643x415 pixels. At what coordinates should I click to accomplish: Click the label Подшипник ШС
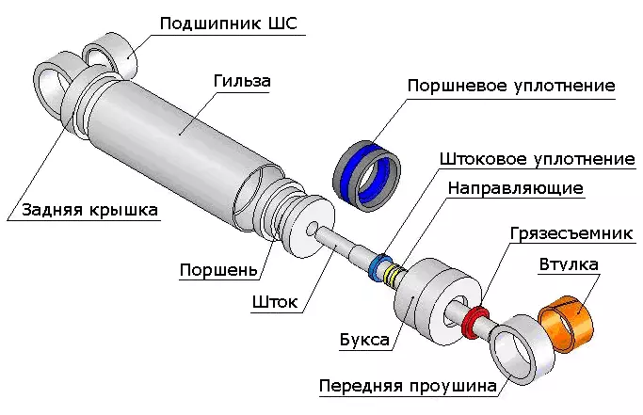click(228, 23)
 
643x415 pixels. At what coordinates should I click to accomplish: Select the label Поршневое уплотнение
click(511, 86)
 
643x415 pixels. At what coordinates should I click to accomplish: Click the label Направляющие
click(515, 187)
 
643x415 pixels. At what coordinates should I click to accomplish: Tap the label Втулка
click(569, 265)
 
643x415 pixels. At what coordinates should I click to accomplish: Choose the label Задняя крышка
click(84, 209)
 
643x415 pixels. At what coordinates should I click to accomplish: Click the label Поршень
click(218, 271)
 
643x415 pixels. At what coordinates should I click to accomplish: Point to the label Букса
click(364, 340)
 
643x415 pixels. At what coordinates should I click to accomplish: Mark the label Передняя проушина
click(407, 387)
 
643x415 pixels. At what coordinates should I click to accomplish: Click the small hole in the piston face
click(313, 229)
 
